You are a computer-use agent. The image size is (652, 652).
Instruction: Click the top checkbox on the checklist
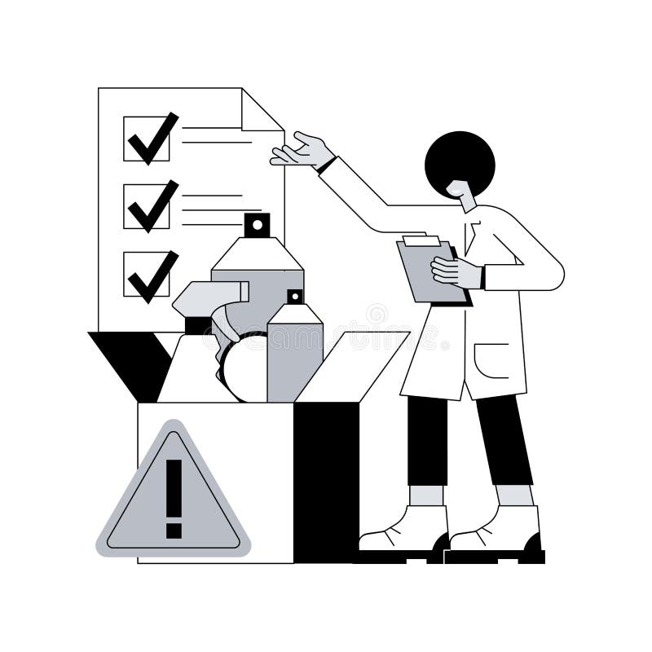[148, 139]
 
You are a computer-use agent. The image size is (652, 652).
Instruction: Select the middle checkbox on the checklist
[148, 206]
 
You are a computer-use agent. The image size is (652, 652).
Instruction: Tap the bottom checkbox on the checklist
[148, 275]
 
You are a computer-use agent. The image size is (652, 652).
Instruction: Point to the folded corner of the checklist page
[260, 110]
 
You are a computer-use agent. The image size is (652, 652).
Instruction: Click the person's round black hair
[459, 160]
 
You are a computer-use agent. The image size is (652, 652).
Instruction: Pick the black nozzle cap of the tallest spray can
[257, 225]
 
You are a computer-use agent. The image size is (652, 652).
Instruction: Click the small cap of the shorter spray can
[294, 296]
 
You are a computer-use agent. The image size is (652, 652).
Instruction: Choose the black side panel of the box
[326, 481]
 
